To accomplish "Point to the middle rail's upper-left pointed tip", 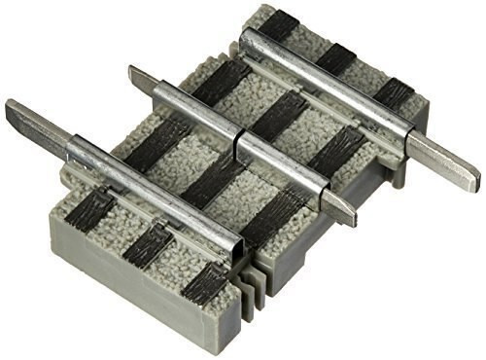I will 142,78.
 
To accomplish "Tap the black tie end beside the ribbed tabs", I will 207,284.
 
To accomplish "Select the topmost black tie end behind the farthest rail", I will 277,25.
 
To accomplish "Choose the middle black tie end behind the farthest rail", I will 336,58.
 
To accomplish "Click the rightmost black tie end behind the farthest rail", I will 393,92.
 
